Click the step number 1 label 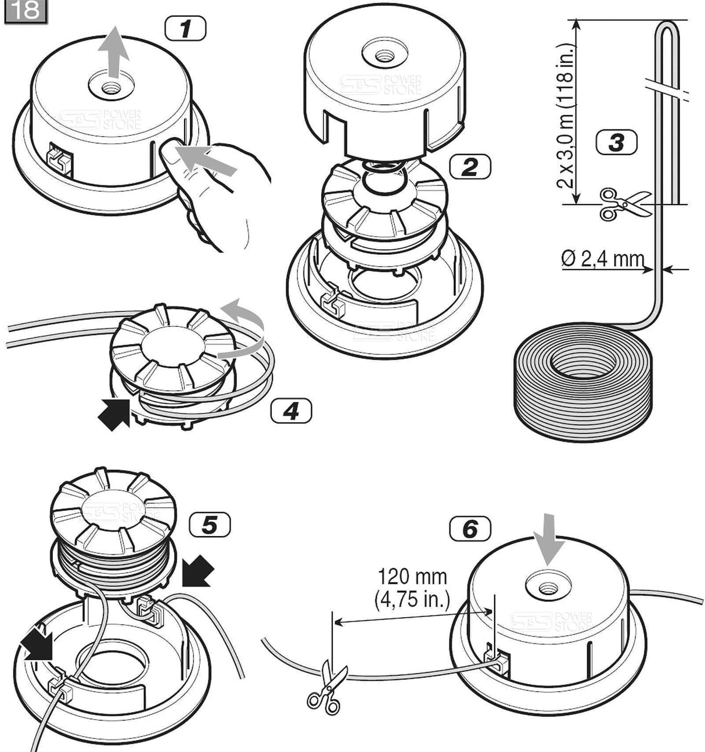point(185,29)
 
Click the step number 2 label point(469,167)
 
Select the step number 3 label point(616,142)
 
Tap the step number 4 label point(290,411)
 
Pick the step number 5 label point(209,525)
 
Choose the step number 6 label point(469,529)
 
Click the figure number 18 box point(25,11)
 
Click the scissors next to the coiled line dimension point(623,204)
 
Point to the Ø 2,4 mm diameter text point(603,258)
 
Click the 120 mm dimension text point(412,577)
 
